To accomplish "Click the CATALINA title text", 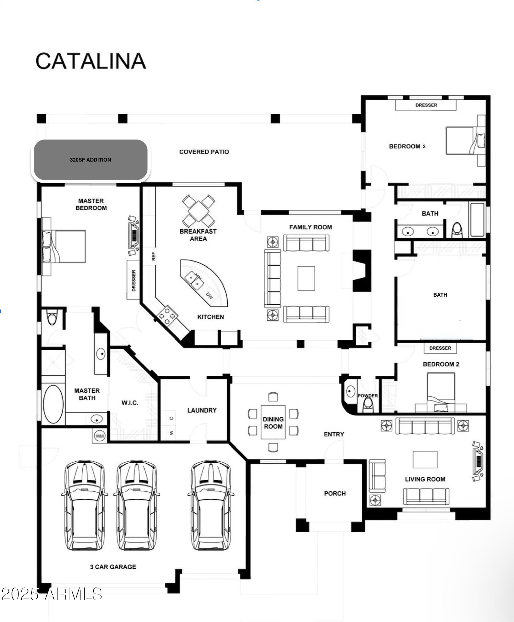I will click(x=91, y=61).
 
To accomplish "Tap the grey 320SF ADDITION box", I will click(x=91, y=160).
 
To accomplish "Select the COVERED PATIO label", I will click(x=204, y=152).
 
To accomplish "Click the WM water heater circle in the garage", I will click(x=100, y=436).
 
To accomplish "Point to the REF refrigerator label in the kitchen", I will click(x=154, y=256).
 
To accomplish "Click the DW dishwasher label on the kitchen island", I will click(x=209, y=295).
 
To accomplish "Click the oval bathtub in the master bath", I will click(x=53, y=404).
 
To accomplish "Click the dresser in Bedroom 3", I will click(x=426, y=105).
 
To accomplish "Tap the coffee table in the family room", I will click(x=306, y=278).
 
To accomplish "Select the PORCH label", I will click(x=335, y=493).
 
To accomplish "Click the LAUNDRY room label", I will click(x=202, y=410).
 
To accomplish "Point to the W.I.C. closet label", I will click(x=130, y=403).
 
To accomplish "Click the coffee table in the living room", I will click(x=425, y=459).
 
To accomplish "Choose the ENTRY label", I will click(x=334, y=434).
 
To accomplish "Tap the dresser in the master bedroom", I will click(x=133, y=280).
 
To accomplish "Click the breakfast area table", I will click(x=198, y=211).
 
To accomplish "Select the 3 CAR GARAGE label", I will click(x=113, y=567).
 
